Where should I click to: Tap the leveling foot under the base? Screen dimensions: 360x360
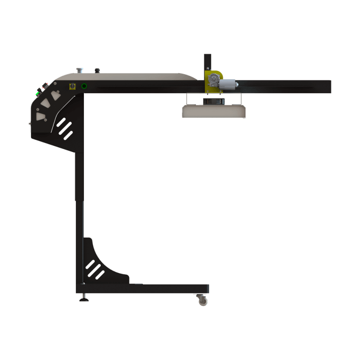point(84,298)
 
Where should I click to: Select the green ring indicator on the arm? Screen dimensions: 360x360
point(84,86)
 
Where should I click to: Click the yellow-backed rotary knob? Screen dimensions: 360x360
point(73,86)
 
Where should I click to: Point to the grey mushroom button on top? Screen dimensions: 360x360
point(80,70)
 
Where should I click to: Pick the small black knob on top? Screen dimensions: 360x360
point(97,70)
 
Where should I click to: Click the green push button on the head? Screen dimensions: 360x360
point(37,93)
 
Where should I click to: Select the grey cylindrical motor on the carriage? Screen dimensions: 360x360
point(228,84)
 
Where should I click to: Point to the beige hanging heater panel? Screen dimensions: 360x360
point(214,111)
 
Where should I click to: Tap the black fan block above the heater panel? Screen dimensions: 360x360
point(214,101)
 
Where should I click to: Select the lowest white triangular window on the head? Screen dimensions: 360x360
point(41,116)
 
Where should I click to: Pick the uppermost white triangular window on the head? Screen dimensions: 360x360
point(57,94)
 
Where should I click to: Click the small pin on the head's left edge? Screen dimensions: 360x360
point(29,123)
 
